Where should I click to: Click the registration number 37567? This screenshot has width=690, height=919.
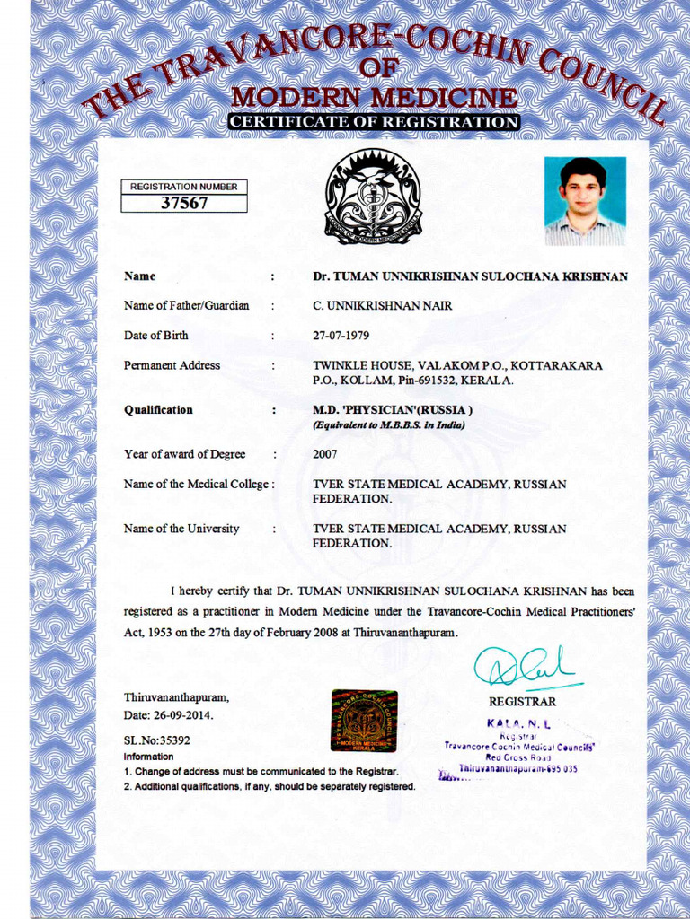tap(184, 203)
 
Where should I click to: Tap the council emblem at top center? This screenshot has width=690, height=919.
tap(373, 197)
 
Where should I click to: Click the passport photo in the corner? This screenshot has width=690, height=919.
tap(584, 201)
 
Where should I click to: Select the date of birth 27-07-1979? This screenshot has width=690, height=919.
tap(341, 336)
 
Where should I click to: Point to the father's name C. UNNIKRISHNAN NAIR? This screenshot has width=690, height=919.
tap(382, 306)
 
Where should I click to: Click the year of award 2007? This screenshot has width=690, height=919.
tap(325, 454)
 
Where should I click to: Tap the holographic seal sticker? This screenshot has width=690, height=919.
tap(364, 720)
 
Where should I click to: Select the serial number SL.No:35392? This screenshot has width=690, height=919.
tap(156, 740)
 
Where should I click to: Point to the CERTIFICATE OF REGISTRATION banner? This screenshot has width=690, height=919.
tap(373, 122)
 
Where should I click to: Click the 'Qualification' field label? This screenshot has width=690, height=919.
tap(158, 410)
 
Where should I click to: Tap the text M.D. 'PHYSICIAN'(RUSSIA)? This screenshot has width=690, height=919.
tap(393, 410)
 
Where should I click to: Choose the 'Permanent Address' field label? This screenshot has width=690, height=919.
tap(172, 365)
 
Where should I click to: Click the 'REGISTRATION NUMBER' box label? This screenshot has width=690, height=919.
tap(184, 187)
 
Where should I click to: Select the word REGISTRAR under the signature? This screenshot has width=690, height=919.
tap(522, 701)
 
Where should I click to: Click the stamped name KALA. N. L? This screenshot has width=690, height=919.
tap(518, 722)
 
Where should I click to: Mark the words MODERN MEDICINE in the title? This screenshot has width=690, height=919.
tap(374, 97)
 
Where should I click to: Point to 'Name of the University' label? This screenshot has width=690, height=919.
tap(181, 529)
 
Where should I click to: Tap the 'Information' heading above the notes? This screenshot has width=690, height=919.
tap(148, 757)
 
